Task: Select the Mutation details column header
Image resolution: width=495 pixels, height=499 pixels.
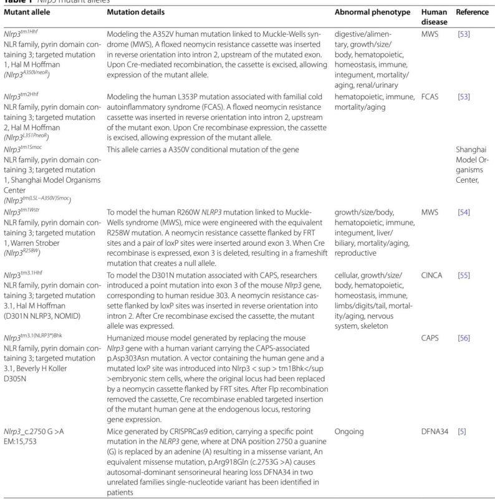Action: [x=136, y=12]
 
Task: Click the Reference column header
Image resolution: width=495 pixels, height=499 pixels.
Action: [x=472, y=12]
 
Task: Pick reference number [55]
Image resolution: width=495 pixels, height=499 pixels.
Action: [x=463, y=275]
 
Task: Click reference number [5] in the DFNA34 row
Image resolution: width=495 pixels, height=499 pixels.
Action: [x=461, y=430]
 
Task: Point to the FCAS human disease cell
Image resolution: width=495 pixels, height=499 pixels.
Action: [x=430, y=98]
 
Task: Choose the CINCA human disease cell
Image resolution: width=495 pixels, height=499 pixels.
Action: [x=432, y=275]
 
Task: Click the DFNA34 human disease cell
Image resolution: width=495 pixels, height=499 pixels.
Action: [x=435, y=430]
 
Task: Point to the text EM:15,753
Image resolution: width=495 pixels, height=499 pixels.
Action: [x=24, y=442]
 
